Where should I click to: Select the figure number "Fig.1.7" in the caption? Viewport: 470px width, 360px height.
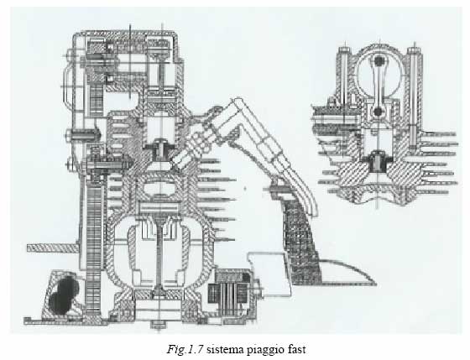tap(185, 349)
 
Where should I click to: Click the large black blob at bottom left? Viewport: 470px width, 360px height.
tap(64, 296)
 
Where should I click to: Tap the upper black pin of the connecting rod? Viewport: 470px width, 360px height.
tap(379, 61)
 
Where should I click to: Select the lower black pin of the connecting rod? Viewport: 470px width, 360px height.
tap(378, 112)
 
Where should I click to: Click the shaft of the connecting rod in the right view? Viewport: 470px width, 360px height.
tap(379, 86)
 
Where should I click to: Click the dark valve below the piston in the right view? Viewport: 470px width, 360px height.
tap(378, 161)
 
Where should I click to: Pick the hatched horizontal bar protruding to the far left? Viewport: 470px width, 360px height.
tap(53, 248)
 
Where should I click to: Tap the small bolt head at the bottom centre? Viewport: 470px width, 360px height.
tap(159, 325)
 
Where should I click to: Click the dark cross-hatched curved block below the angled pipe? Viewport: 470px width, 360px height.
tap(300, 240)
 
